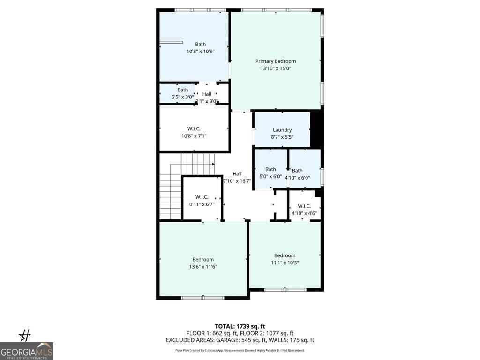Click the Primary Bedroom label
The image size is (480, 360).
point(275,61)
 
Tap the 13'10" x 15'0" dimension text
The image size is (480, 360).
point(275,68)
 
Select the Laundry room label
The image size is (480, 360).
point(282,130)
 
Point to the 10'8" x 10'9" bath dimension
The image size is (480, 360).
point(200,52)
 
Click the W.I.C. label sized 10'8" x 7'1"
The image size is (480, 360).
point(194,128)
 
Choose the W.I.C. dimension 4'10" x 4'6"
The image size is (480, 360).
point(304,213)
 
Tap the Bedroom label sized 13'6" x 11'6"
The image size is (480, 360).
point(203,259)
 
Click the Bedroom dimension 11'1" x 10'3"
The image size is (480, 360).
point(285,263)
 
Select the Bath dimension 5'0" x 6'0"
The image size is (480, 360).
point(270,177)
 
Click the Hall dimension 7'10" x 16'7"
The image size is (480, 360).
point(237,181)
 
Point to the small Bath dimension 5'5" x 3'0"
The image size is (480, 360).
point(182,97)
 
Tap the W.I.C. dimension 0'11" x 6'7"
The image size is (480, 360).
point(202,204)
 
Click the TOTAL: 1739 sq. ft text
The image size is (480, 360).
point(240,326)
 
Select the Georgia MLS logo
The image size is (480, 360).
point(27,351)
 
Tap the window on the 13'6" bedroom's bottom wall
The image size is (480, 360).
point(203,297)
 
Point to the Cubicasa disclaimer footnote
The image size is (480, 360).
point(240,350)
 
